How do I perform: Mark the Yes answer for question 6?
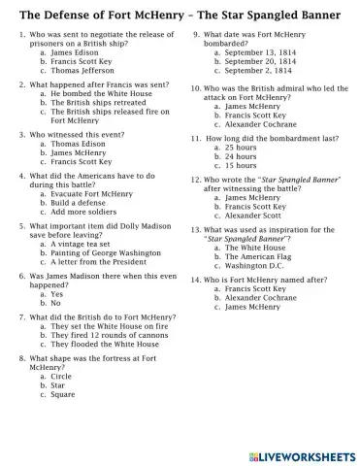(x=56, y=294)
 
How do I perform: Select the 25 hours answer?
(x=242, y=147)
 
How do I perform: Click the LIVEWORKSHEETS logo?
(x=301, y=454)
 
